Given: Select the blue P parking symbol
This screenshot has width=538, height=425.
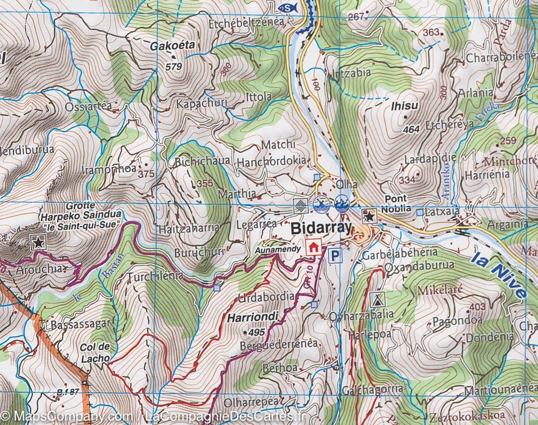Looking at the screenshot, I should coord(337,255).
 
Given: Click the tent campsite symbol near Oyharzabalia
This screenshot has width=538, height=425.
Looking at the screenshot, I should coord(377,300).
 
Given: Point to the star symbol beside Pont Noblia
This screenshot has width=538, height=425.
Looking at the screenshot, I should coord(369,216).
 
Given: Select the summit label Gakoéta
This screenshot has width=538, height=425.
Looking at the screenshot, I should coord(172,46).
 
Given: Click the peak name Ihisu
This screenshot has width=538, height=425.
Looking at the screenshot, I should coord(404,106).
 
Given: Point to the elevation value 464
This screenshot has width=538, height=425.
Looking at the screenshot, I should coord(411,129).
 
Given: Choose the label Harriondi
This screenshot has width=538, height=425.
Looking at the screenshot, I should coord(253,316).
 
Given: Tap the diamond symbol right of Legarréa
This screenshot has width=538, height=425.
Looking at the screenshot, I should coord(300,205).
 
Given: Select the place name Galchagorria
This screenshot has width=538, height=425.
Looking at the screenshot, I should coord(372,389).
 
